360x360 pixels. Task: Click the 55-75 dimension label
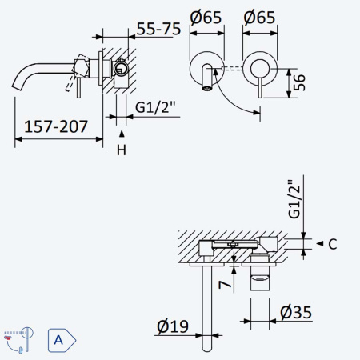(158, 29)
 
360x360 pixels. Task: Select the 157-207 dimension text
(56, 126)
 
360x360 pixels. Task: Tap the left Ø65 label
(206, 18)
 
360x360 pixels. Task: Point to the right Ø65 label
(259, 18)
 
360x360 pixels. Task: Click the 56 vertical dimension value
(299, 82)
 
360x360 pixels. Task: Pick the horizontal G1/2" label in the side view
(155, 107)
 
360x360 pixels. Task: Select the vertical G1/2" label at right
(294, 199)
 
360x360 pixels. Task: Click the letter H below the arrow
(122, 150)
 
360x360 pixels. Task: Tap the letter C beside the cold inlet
(333, 244)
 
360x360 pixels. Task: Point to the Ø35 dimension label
(296, 312)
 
